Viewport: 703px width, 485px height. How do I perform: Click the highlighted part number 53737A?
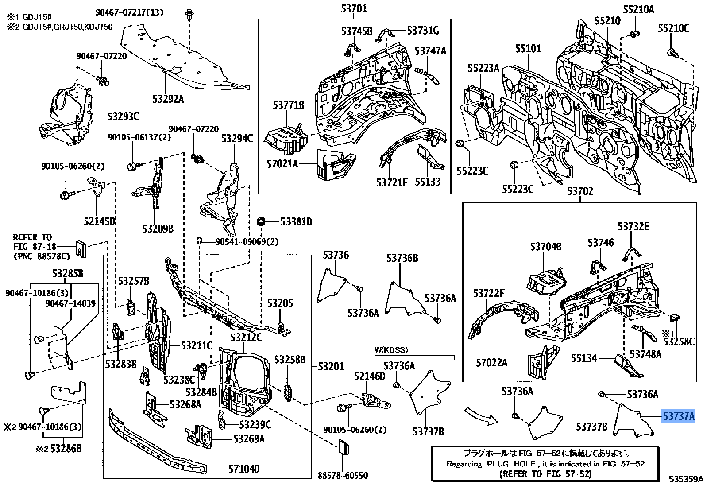tap(678, 416)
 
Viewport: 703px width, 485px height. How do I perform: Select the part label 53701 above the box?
tap(354, 8)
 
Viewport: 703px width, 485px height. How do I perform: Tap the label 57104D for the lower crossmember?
tap(244, 469)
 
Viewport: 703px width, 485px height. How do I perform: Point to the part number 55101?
tap(529, 48)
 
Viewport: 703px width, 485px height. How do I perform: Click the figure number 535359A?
tap(685, 479)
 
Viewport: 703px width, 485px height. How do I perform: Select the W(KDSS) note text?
tap(391, 350)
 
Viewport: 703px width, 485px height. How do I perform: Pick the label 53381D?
tap(296, 221)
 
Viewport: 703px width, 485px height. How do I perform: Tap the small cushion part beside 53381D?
tap(261, 221)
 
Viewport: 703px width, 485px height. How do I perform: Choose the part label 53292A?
tap(168, 99)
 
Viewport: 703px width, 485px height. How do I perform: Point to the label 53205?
tap(280, 303)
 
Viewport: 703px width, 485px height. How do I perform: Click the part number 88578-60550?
tap(343, 476)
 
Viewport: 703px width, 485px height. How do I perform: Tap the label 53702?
tap(580, 191)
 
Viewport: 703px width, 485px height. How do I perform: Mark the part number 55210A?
tap(638, 10)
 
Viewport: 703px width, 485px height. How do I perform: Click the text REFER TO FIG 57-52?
tap(545, 474)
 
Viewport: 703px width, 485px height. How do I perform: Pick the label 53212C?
tap(246, 338)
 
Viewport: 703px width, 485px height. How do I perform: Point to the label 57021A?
tap(282, 164)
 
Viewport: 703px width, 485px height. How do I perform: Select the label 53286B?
tap(66, 449)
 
